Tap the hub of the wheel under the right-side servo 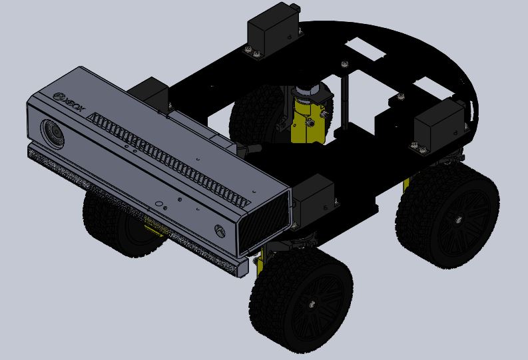coord(459,217)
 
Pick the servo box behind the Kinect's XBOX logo coord(150,93)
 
